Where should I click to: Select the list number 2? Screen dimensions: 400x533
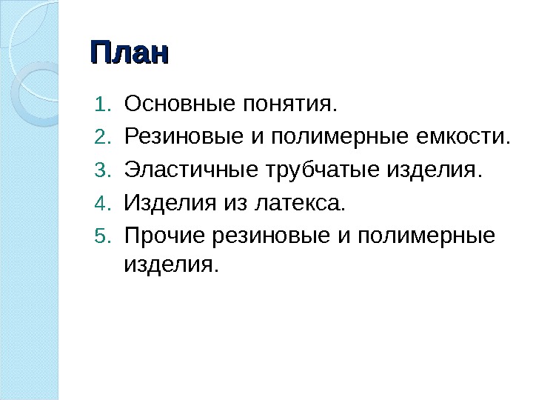(x=101, y=136)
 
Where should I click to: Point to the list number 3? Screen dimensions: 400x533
(x=101, y=171)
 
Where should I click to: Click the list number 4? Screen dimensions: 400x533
(x=101, y=202)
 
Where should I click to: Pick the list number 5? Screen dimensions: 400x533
(x=101, y=237)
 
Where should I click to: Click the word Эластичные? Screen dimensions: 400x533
(x=190, y=170)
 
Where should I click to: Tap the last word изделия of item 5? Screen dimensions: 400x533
(x=172, y=263)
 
